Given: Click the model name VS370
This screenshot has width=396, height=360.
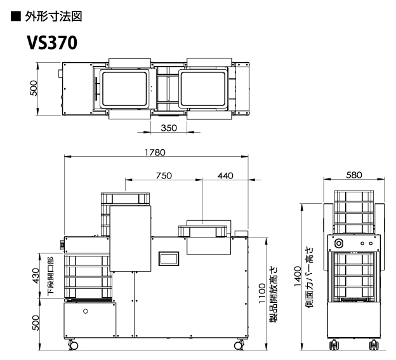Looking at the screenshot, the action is pos(52,43).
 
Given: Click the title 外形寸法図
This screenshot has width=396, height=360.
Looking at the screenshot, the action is pos(53,17).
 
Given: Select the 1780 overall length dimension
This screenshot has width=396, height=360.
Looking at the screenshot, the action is pos(155,152).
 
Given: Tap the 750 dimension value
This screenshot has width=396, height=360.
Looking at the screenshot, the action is pos(164,176).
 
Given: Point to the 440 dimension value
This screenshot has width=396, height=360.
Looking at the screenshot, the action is pos(225,176).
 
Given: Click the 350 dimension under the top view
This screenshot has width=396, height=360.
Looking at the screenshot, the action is pos(169,128).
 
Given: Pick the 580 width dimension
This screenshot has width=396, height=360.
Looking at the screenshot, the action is pos(354,175).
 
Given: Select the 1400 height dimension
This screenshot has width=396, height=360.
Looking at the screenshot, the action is pos(298,276).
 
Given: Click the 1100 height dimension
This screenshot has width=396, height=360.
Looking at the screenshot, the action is pos(262,293).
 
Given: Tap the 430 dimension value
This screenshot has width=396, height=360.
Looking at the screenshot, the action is pos(36,276).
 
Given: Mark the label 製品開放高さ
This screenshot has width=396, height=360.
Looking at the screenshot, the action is pos(274,294).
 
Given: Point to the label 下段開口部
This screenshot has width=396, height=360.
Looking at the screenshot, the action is pos(51,276).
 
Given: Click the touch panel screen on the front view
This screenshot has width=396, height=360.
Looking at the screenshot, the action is pos(169,258).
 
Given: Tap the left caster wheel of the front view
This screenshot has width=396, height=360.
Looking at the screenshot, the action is pos(73,345).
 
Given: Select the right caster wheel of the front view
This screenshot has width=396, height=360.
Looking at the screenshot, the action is pos(239,345).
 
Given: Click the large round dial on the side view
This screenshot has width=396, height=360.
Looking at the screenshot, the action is pos(338,244).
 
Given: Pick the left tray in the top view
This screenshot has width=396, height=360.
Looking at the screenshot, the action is pos(124,89).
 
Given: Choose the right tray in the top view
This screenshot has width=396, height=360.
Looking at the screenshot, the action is pos(203,89).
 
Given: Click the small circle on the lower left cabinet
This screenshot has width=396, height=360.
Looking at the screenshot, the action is pos(86,311).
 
